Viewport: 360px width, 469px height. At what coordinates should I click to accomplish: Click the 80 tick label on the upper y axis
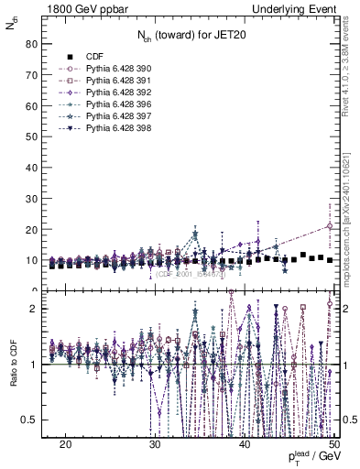point(30,43)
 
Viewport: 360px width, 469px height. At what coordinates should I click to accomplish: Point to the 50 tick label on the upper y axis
point(30,136)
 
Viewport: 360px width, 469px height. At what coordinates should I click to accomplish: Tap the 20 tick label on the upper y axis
point(30,229)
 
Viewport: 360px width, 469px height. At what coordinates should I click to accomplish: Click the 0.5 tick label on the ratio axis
point(28,420)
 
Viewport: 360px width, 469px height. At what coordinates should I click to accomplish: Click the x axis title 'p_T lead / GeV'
point(311,456)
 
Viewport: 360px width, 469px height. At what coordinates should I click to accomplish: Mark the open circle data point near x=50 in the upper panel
point(330,226)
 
